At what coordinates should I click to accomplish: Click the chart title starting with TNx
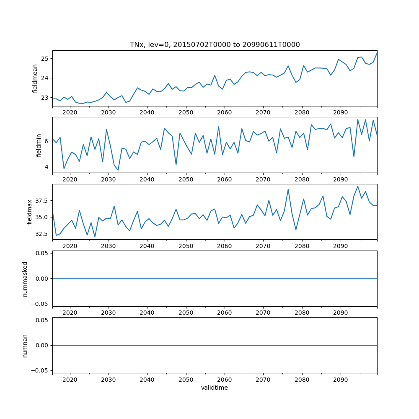click(x=215, y=44)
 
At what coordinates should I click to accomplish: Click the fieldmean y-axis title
click(x=35, y=78)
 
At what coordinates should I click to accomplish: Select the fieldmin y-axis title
click(x=39, y=145)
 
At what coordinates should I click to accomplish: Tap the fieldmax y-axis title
click(x=30, y=212)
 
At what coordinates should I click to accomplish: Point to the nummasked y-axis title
click(x=25, y=279)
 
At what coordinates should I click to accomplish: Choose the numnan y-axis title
click(x=25, y=345)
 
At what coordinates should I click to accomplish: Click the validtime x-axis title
click(x=215, y=388)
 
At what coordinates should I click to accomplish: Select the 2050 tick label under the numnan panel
click(x=186, y=379)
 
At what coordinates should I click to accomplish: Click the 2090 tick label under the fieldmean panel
click(x=340, y=112)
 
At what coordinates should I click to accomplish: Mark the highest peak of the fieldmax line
click(x=358, y=186)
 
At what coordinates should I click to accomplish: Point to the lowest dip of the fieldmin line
click(x=118, y=170)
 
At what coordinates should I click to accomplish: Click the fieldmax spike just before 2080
click(x=288, y=189)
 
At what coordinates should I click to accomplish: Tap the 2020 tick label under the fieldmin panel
click(x=70, y=179)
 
